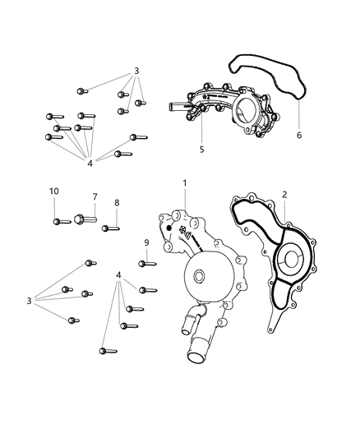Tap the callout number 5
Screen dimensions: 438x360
point(201,150)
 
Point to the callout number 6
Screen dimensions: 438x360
point(299,134)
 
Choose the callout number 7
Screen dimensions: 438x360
point(95,197)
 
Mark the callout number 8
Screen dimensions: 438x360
point(117,202)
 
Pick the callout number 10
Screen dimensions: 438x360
point(54,191)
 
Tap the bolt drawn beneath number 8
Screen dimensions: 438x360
point(109,228)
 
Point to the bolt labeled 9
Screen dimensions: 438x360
point(147,263)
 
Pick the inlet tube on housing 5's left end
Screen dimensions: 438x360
point(178,107)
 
